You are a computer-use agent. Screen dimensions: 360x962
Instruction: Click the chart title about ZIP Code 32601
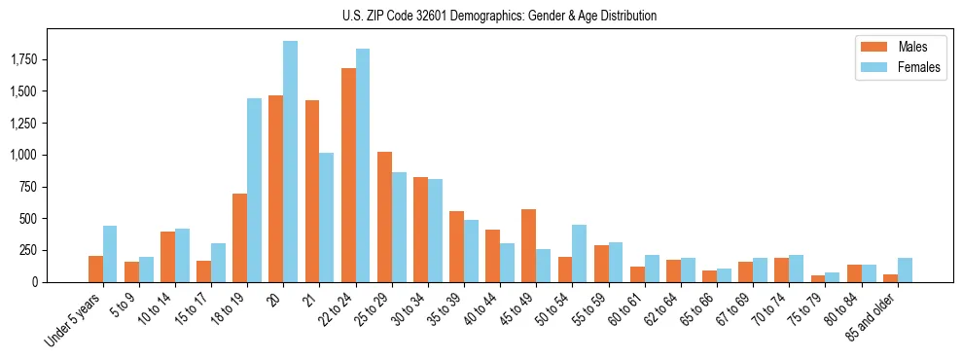point(499,16)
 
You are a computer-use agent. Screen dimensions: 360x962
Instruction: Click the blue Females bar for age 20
point(290,162)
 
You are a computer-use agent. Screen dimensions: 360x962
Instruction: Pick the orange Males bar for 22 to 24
point(348,175)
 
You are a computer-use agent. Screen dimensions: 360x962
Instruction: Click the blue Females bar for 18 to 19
point(254,190)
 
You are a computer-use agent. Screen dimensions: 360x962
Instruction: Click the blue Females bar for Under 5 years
point(110,254)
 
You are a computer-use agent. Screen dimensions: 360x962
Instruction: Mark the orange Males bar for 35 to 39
point(456,246)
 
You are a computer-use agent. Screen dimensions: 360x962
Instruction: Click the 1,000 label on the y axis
point(27,156)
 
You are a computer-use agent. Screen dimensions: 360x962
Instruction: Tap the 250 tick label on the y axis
point(33,250)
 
